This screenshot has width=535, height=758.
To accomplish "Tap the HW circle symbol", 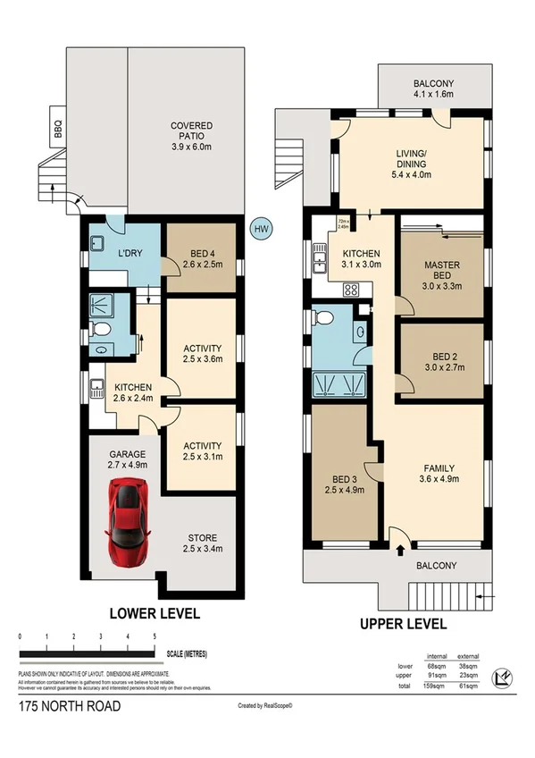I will pyautogui.click(x=262, y=229).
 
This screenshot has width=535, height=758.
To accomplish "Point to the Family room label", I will pyautogui.click(x=439, y=473).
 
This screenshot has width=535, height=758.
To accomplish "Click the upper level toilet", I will pyautogui.click(x=325, y=320).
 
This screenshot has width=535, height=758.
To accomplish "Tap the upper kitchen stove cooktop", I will pyautogui.click(x=351, y=290).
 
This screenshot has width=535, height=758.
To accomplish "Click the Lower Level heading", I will pyautogui.click(x=154, y=614).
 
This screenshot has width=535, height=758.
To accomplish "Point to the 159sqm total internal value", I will pyautogui.click(x=438, y=686).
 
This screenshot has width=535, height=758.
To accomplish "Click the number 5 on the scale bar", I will pyautogui.click(x=155, y=636).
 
